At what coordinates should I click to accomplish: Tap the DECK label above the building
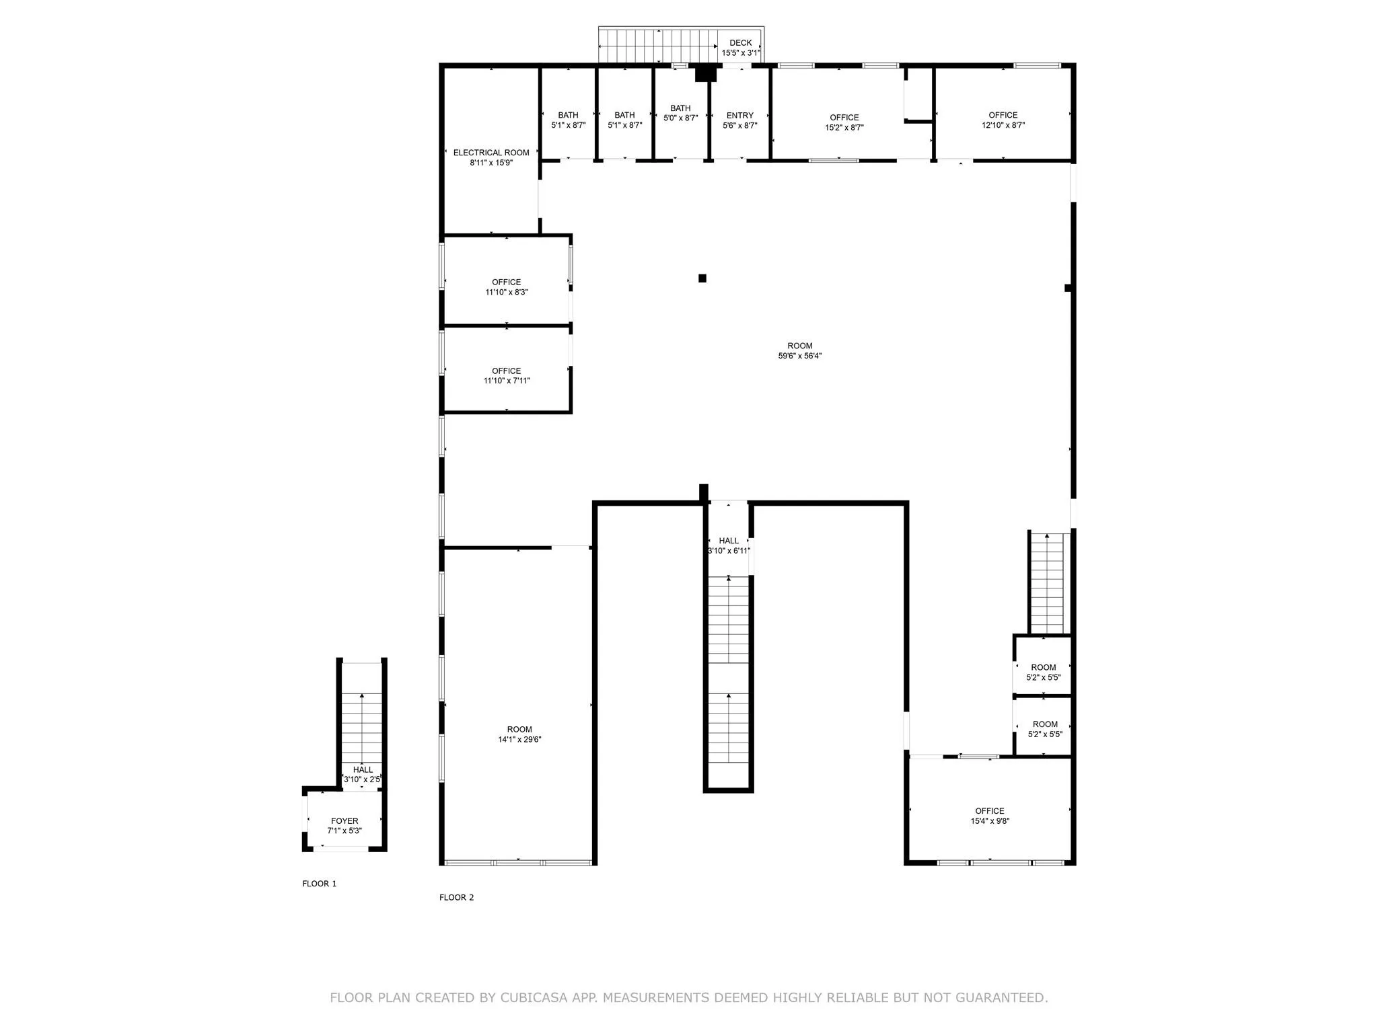[x=741, y=43]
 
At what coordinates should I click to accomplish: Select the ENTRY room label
[x=740, y=116]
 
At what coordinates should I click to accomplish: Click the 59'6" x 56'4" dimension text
[x=800, y=356]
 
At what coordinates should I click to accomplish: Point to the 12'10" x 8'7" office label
[x=1003, y=120]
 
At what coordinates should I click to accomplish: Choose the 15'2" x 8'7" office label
[x=844, y=122]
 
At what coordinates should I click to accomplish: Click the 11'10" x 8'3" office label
[x=506, y=287]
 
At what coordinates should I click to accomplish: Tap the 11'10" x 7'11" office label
[x=506, y=376]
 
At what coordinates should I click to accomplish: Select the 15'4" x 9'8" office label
[x=990, y=816]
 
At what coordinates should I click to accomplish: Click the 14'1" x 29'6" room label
[x=519, y=734]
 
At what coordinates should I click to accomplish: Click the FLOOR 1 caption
[x=319, y=884]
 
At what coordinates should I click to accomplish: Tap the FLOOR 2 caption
[x=456, y=897]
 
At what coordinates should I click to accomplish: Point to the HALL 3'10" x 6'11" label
[x=729, y=545]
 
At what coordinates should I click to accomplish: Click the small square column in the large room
[x=702, y=278]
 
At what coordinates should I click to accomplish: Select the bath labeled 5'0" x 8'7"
[x=680, y=113]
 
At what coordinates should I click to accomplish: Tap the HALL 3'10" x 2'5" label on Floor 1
[x=363, y=775]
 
